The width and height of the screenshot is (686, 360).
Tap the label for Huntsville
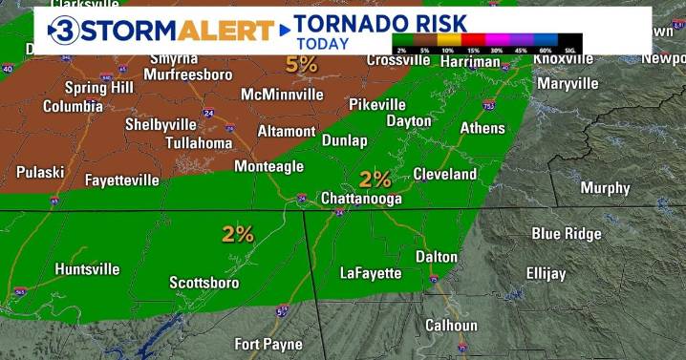click(87, 269)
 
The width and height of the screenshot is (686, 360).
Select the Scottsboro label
click(204, 283)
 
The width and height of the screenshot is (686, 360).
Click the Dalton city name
click(437, 257)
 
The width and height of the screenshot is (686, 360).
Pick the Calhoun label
click(451, 326)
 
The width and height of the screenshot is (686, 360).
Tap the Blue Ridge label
click(567, 234)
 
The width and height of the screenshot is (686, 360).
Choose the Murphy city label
click(605, 188)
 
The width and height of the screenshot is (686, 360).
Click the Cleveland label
click(444, 174)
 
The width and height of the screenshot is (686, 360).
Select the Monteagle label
click(268, 166)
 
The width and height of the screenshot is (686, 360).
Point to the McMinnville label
click(282, 95)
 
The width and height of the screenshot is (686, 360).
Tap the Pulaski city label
click(40, 172)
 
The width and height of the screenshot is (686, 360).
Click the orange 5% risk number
click(301, 64)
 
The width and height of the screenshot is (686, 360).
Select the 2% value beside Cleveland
click(375, 179)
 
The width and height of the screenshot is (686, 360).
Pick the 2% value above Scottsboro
click(238, 234)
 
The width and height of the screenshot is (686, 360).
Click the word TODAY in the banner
click(322, 43)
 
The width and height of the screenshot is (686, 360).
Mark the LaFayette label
click(371, 273)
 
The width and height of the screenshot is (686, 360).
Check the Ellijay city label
click(546, 273)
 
